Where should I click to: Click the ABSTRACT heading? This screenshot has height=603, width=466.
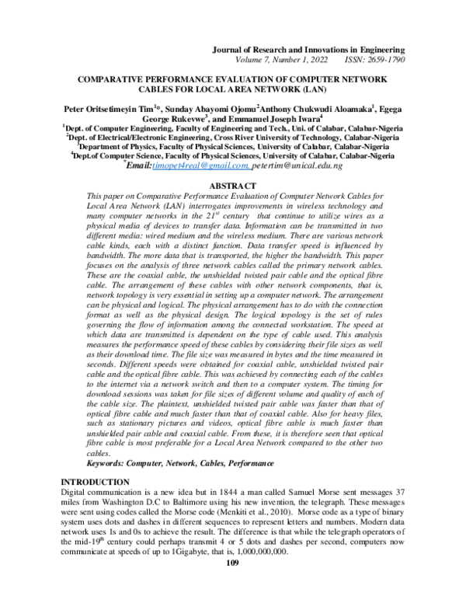(x=232, y=186)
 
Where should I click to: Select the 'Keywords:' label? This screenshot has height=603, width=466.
(x=110, y=462)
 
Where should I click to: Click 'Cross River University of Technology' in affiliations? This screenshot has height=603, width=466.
(x=256, y=135)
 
